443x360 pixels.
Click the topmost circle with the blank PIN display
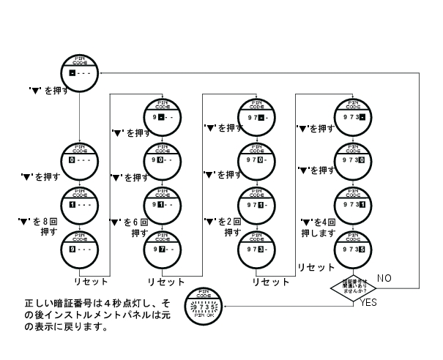78,72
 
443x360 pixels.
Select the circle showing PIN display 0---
78,158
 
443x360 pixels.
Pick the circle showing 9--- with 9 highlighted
78,247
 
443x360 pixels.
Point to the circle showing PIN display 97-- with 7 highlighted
162,248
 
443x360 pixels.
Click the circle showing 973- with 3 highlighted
257,248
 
